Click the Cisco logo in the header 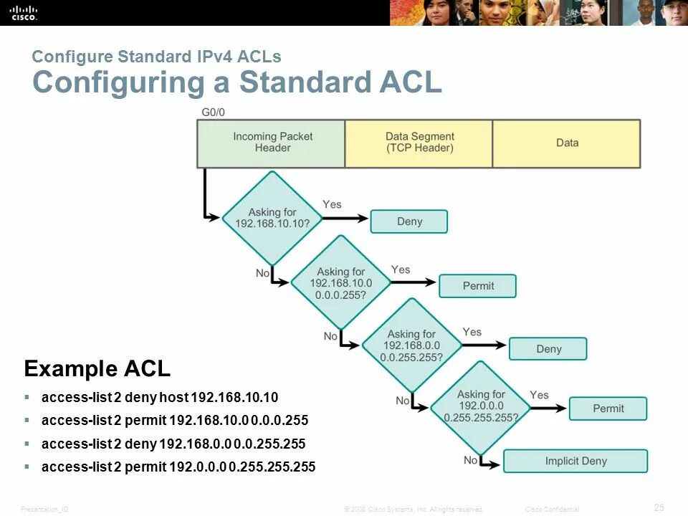[23, 12]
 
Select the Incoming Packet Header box [272, 143]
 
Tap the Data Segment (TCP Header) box [419, 143]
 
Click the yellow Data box [567, 143]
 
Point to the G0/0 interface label [213, 113]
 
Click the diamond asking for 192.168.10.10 [272, 217]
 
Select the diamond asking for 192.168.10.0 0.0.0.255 [341, 282]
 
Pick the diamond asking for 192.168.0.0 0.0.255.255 [411, 345]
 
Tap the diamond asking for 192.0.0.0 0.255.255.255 [481, 406]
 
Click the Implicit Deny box [575, 461]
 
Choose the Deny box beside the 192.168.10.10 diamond [409, 221]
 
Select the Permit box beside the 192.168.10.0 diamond [478, 286]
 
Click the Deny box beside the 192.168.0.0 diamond [548, 349]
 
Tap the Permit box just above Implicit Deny [608, 408]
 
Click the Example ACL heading [97, 369]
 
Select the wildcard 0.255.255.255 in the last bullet [272, 467]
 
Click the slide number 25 [659, 507]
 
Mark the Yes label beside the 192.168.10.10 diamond [332, 204]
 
